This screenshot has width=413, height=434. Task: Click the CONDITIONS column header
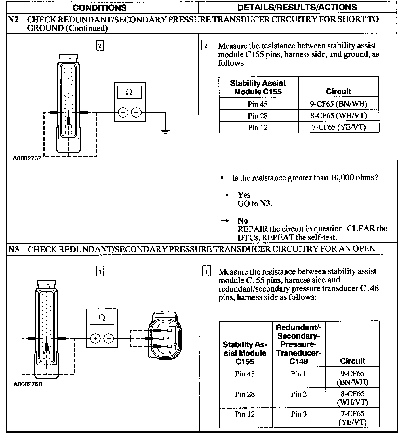99,7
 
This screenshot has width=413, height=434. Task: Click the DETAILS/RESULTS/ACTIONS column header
297,7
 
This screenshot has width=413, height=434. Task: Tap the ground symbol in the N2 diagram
165,131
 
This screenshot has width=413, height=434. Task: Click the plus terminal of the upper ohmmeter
123,113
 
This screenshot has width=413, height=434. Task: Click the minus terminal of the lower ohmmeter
109,338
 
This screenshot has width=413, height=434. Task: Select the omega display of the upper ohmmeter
129,92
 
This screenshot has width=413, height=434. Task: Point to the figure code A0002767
27,158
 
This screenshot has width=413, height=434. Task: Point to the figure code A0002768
28,384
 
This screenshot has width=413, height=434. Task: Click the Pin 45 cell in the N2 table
258,104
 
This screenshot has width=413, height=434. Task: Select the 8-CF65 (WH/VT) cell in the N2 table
338,116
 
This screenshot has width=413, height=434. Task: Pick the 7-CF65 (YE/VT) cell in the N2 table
338,127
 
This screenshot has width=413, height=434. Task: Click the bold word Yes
244,195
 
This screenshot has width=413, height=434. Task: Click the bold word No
243,221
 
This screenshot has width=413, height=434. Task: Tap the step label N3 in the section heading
13,249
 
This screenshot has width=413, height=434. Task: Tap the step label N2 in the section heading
13,20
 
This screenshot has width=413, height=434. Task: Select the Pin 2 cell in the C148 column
298,394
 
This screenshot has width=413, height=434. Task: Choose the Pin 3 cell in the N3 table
298,414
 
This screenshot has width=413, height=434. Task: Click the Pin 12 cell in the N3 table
245,414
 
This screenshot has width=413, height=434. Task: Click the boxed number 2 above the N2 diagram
100,46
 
